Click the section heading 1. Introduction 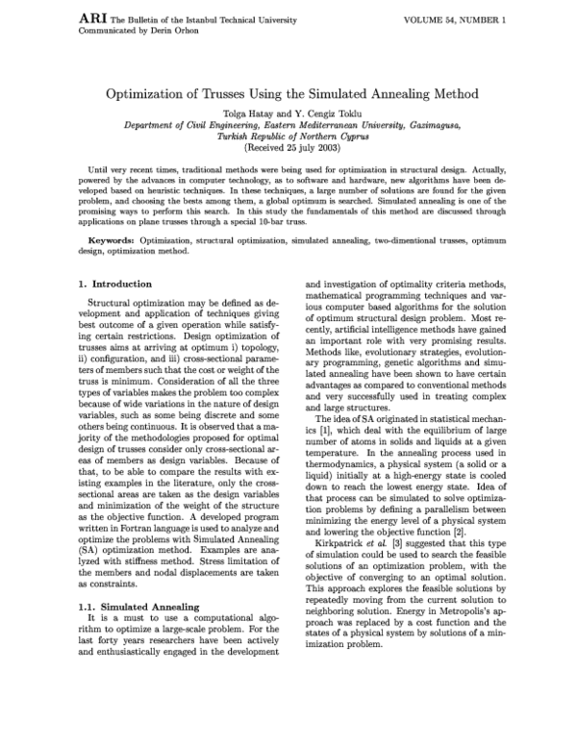[x=113, y=285]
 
